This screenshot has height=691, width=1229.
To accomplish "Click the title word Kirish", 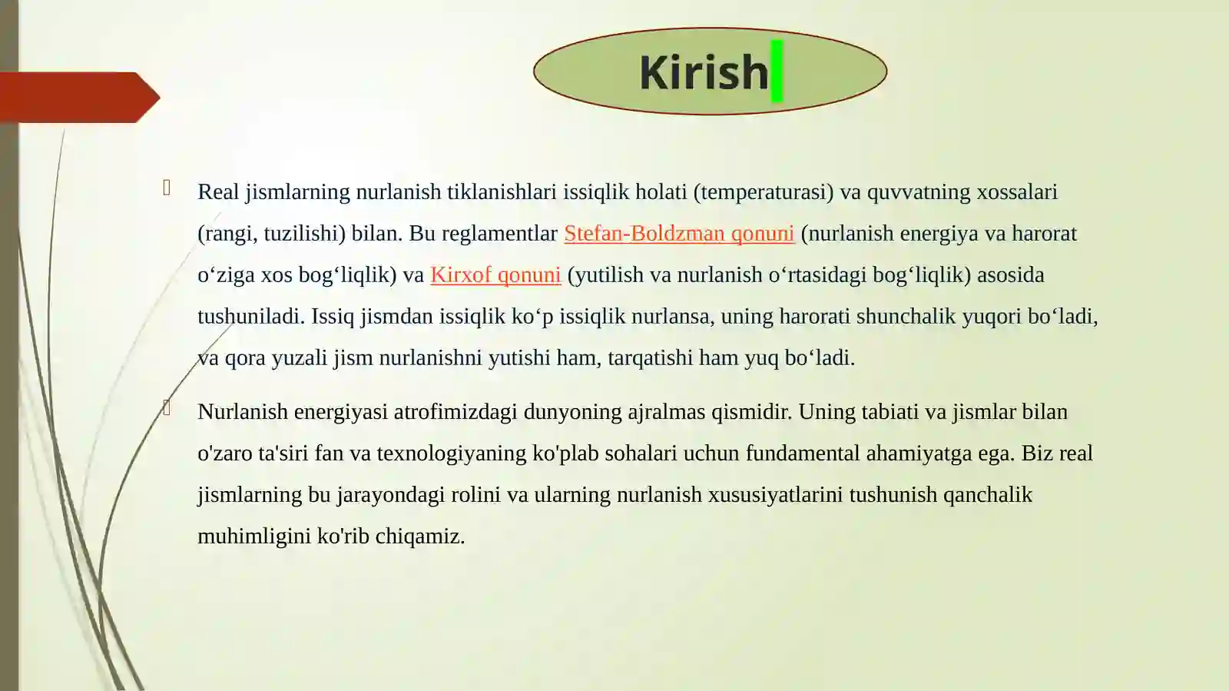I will [703, 72].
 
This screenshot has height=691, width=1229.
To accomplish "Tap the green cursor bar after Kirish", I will [777, 71].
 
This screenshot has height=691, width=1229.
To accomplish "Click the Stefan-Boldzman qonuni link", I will [678, 234].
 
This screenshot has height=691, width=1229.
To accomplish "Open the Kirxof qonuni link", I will [495, 275].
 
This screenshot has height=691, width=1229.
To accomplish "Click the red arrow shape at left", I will [77, 98].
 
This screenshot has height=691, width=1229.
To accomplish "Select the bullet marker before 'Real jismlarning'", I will [167, 188].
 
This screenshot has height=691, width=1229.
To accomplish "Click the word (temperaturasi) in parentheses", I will [763, 192].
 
